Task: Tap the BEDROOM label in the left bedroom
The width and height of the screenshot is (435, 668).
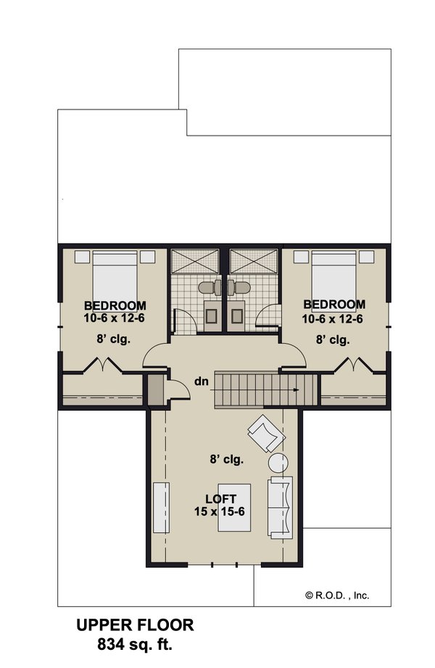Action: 115,305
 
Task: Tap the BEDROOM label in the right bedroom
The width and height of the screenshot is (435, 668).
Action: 334,304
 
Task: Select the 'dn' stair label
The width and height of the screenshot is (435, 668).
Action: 202,381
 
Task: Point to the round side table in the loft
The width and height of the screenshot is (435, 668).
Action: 278,462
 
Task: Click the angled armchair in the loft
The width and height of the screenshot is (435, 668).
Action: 265,434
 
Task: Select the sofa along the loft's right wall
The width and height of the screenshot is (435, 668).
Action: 280,507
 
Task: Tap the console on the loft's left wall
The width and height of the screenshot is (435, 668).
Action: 159,507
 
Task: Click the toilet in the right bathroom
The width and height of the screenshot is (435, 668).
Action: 239,287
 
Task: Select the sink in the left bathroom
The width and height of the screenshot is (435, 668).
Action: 212,313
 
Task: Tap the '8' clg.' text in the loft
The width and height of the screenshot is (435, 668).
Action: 226,459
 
